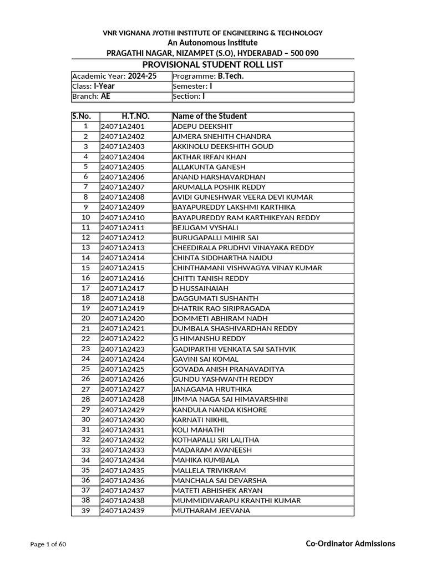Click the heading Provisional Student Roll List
pos(212,65)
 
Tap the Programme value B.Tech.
pos(231,76)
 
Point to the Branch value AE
pos(105,97)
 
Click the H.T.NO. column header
pos(136,116)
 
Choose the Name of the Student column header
pos(210,116)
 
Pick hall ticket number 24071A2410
pos(123,217)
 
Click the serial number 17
pos(85,288)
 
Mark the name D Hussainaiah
pos(200,288)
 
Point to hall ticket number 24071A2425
pos(123,369)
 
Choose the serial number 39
pos(85,511)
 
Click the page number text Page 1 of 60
pos(48,544)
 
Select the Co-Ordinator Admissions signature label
pos(351,544)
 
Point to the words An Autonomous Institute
pos(212,43)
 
